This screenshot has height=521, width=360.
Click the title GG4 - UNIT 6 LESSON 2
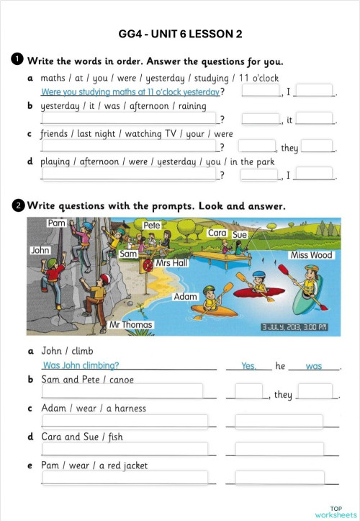[180, 34]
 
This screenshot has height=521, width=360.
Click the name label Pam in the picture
[57, 224]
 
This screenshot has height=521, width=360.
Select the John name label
[40, 250]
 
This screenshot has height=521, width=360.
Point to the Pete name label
[152, 226]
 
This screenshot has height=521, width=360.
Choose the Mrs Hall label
[171, 263]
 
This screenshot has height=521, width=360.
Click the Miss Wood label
[311, 255]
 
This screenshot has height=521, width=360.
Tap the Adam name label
[186, 297]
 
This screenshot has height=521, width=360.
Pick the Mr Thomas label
[131, 325]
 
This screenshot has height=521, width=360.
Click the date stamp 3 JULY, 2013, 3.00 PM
[294, 326]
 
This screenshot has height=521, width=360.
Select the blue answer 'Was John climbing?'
[81, 366]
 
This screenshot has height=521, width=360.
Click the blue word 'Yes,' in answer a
[249, 366]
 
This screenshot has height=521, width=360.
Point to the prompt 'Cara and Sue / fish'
[82, 437]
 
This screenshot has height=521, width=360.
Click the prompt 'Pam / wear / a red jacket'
[94, 466]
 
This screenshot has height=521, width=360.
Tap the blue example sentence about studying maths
[130, 92]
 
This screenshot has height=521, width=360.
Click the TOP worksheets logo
[336, 511]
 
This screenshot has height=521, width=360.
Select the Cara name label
[217, 233]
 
